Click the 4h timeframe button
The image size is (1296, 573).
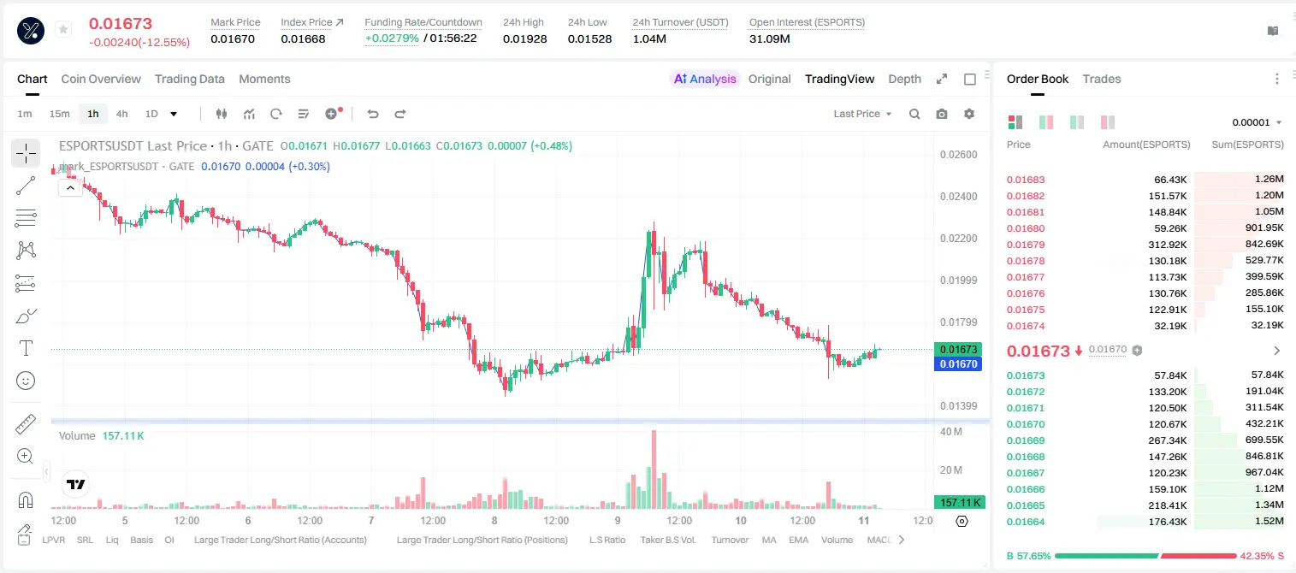pos(121,114)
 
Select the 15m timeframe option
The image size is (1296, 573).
pos(60,114)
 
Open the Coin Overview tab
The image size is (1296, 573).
pos(101,79)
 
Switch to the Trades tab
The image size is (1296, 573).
pos(1102,79)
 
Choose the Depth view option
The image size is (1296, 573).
pos(904,79)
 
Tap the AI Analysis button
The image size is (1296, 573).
pos(705,79)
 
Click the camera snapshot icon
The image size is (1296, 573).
pos(942,114)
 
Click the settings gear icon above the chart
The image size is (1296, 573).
pos(969,114)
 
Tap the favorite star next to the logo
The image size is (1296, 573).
pos(63,29)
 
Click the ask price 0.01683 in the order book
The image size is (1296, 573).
pos(1026,180)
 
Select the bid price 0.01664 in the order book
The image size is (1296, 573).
pos(1026,522)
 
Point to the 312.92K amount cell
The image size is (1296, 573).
pos(1167,245)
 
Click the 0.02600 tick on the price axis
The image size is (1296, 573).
pos(959,155)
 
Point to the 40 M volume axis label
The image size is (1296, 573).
pos(951,432)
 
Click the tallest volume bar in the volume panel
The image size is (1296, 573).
pos(654,470)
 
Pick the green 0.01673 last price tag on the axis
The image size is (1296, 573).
pos(958,349)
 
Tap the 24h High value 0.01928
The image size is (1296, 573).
pos(524,38)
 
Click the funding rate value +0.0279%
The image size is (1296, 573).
pos(392,38)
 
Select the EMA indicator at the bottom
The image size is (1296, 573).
pos(798,540)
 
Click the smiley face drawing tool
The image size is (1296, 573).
pos(26,381)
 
